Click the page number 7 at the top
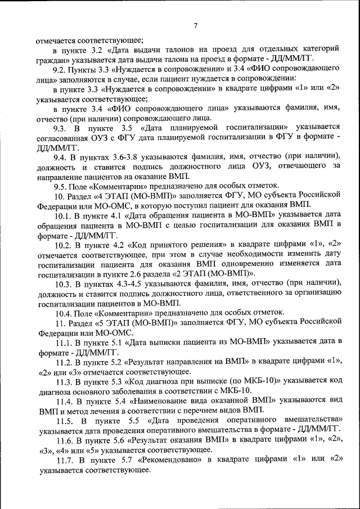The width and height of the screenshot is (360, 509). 195,25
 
